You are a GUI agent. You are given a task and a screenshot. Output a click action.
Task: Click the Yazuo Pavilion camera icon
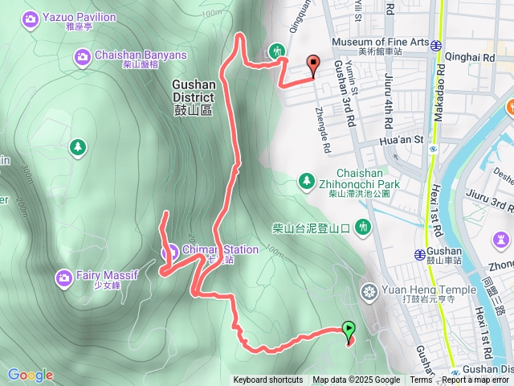[x=31, y=18]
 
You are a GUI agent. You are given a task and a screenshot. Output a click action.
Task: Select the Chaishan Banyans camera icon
[x=82, y=56]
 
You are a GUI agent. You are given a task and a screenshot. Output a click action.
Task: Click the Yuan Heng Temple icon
[x=369, y=290]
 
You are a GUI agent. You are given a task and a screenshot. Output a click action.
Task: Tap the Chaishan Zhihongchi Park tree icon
[x=306, y=179]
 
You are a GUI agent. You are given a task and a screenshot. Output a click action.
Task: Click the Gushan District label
[x=193, y=96]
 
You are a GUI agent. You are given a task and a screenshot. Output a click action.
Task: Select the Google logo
[x=31, y=375]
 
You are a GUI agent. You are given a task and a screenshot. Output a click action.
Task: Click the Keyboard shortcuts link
[x=268, y=380]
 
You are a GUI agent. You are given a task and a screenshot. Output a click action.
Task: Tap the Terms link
[x=421, y=380]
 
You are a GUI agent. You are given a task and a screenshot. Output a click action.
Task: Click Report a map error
[x=479, y=380]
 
